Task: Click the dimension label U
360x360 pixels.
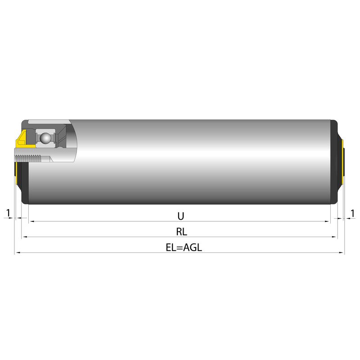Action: (181, 216)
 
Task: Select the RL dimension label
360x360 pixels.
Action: (182, 232)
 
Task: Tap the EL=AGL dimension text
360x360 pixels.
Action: (184, 247)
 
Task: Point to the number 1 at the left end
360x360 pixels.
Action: (8, 213)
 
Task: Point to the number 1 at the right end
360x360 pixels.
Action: (352, 213)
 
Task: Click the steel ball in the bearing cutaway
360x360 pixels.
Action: (45, 138)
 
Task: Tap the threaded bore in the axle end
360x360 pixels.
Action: (29, 158)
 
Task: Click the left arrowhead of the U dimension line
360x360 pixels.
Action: (32, 221)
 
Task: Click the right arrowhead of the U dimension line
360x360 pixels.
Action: (327, 221)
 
